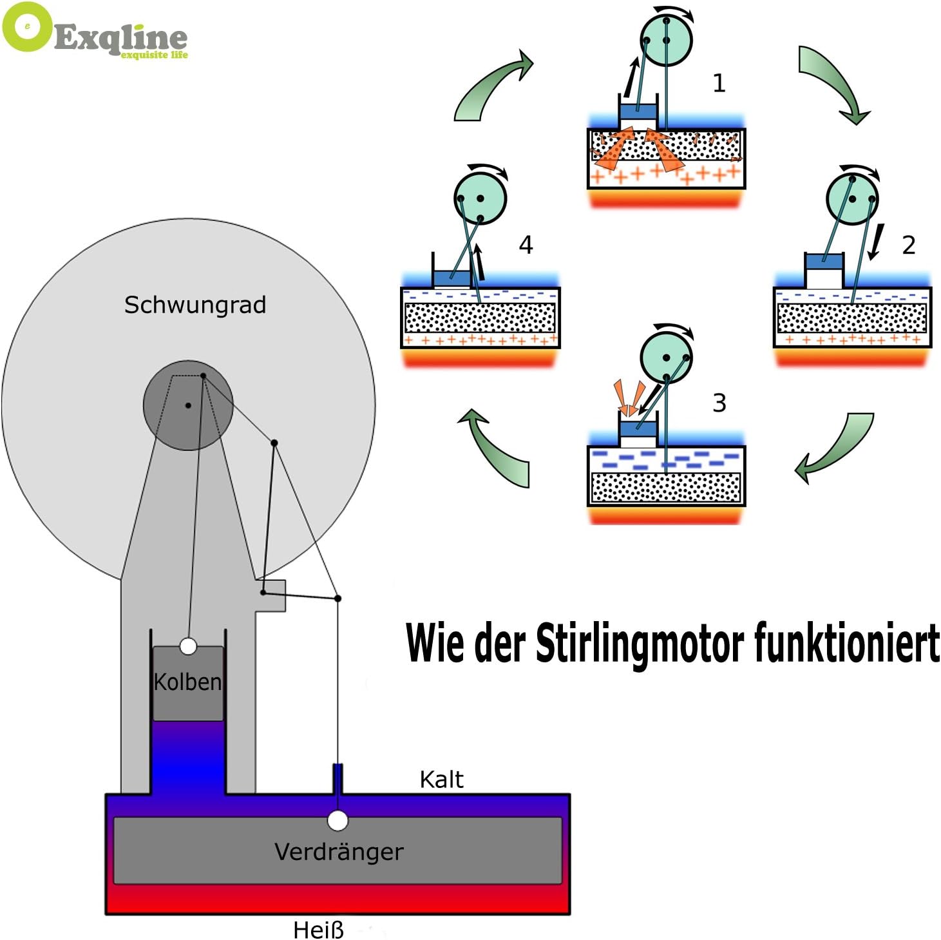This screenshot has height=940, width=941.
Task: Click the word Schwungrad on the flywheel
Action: (x=195, y=305)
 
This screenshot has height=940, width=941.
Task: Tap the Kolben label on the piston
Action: (x=187, y=682)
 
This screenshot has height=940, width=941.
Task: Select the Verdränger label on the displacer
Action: (x=339, y=852)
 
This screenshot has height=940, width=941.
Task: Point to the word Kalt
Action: (x=441, y=780)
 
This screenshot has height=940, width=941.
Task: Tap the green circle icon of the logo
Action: (x=27, y=27)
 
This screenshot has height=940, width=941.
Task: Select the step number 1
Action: (x=719, y=83)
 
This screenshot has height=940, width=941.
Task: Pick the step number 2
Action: (x=908, y=245)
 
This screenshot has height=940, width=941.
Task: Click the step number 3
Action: (x=719, y=403)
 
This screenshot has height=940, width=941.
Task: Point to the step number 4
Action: (x=526, y=245)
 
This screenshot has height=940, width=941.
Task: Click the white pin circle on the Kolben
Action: (x=188, y=646)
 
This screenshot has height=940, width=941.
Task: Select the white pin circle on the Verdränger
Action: (x=337, y=821)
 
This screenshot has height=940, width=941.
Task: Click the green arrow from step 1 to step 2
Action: (x=833, y=81)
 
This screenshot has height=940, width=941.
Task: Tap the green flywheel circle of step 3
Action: (x=667, y=358)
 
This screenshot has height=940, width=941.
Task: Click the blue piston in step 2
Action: (x=824, y=261)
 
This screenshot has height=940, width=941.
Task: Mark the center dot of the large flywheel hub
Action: (x=188, y=405)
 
